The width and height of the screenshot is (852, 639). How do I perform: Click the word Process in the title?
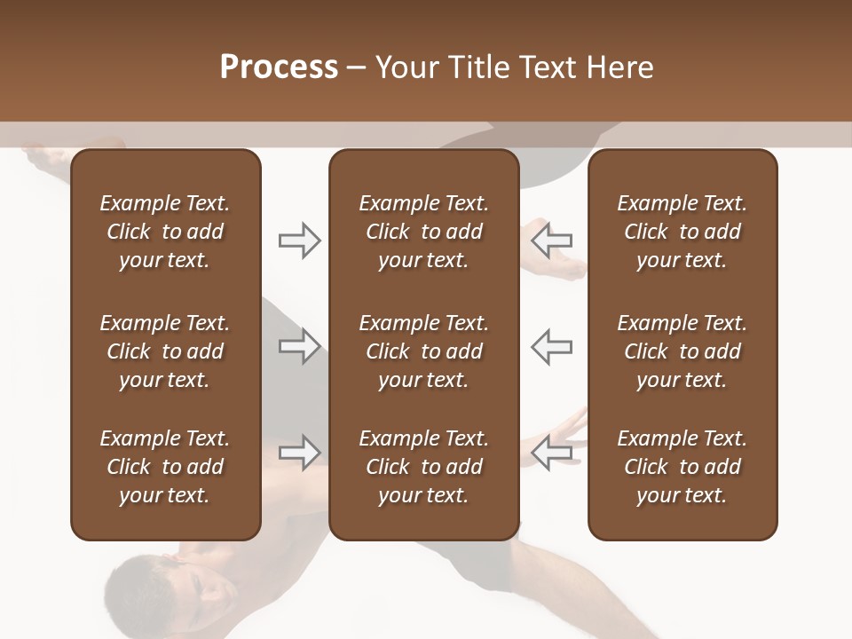(279, 67)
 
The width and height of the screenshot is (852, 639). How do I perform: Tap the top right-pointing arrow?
(299, 241)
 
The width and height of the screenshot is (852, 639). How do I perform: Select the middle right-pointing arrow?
(299, 346)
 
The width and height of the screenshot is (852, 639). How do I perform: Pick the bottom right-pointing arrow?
(299, 453)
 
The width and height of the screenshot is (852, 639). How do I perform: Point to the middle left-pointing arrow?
(552, 346)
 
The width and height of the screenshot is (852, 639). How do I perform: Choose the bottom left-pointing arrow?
(552, 453)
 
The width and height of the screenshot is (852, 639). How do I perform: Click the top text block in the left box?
(165, 232)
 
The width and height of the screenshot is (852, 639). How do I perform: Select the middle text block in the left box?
(165, 351)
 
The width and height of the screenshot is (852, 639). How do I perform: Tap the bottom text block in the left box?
(165, 467)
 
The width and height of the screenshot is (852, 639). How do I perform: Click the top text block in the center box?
(423, 232)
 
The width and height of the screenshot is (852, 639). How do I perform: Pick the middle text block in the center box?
(423, 351)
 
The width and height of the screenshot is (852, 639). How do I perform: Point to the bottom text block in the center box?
(423, 467)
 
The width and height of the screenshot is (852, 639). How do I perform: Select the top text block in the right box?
(682, 232)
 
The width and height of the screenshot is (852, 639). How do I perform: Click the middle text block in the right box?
(682, 351)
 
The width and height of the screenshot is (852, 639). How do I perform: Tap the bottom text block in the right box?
(682, 467)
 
